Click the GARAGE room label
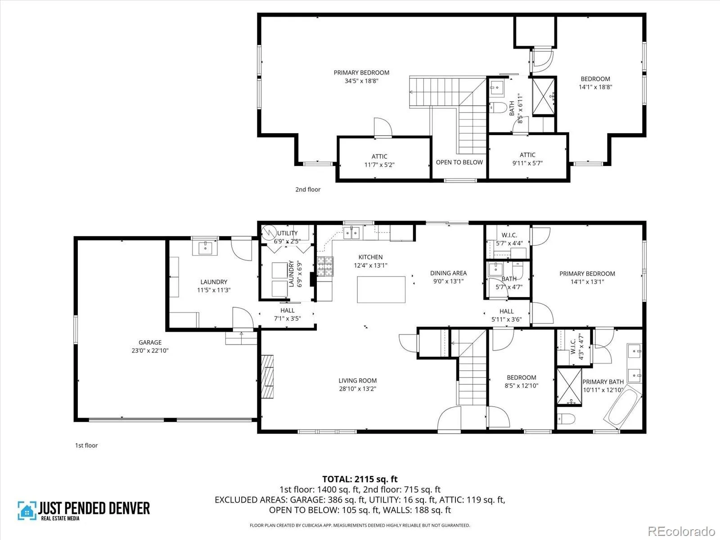point(150,342)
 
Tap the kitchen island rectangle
point(381,289)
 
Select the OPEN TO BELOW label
point(459,162)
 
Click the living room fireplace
point(267,376)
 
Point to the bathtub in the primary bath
point(623,407)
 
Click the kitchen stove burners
point(325,266)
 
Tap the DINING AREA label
point(448,273)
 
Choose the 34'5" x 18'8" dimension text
point(361,81)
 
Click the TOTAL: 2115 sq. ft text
point(360,479)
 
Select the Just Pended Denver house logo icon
point(27,510)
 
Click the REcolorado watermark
point(681,531)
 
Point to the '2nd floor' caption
point(308,189)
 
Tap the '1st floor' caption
point(86,445)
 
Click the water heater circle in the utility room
point(269,232)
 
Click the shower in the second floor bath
point(543,96)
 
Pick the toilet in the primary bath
point(566,418)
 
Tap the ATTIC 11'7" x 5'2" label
point(379,161)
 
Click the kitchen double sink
point(351,233)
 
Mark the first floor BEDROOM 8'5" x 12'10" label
point(521,382)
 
